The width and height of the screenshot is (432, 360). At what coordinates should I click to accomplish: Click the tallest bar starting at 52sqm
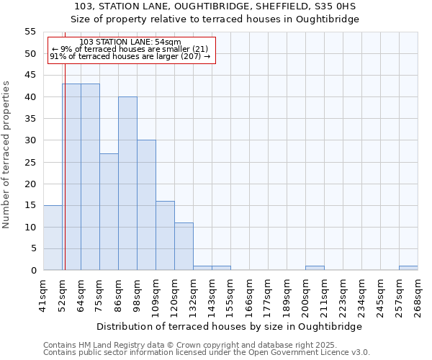click(x=71, y=177)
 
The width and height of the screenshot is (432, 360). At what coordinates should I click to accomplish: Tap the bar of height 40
click(x=127, y=184)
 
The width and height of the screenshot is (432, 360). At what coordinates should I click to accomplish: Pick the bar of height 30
click(x=146, y=205)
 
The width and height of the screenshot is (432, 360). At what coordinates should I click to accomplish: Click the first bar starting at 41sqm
click(x=53, y=238)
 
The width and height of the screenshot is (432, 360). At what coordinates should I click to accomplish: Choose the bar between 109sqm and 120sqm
click(x=165, y=235)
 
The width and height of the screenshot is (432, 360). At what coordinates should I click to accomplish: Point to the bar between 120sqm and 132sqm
click(x=184, y=246)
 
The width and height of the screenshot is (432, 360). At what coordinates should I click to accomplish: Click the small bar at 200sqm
click(x=315, y=268)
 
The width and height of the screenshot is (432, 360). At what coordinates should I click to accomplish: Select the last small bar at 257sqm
click(x=408, y=268)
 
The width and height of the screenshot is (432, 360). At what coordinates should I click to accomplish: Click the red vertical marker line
click(x=64, y=166)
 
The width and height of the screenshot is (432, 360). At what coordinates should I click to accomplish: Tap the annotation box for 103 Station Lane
click(x=130, y=50)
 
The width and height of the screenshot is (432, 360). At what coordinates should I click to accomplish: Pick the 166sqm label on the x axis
click(x=249, y=293)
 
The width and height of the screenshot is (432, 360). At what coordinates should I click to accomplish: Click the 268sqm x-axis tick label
click(x=418, y=293)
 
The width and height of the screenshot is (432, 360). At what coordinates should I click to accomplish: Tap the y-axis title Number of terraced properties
click(x=6, y=155)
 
